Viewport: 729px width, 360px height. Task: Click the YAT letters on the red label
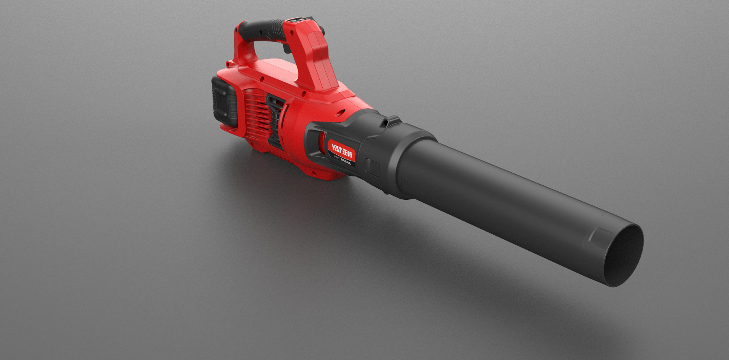[x=335, y=147]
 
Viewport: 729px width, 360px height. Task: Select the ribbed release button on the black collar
[x=372, y=167]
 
